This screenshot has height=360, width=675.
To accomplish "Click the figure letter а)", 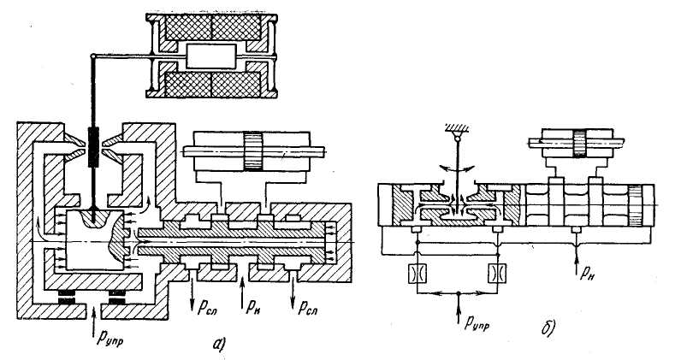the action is pos(219,344).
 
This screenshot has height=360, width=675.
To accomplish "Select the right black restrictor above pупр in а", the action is pos(117,298).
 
